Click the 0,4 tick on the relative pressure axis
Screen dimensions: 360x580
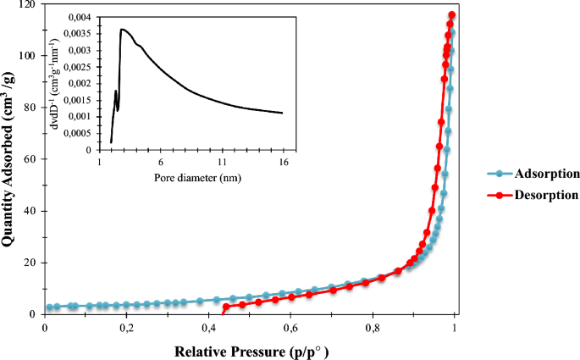[x=208, y=327]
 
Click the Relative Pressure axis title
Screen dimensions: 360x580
[x=251, y=350]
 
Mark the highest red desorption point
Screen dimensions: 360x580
[x=452, y=15]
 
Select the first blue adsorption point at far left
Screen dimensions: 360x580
[x=49, y=307]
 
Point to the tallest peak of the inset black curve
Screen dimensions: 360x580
[x=122, y=30]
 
